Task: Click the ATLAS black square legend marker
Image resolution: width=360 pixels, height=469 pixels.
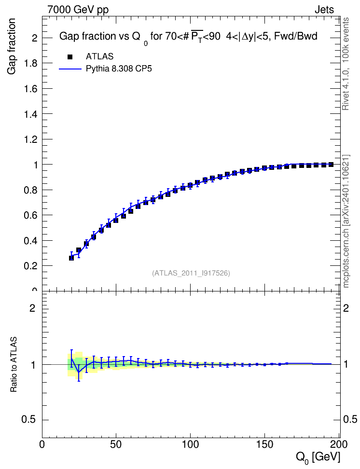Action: click(70, 57)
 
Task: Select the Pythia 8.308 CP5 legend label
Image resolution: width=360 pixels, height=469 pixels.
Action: click(119, 69)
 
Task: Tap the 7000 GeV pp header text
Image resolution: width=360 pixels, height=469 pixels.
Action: click(78, 10)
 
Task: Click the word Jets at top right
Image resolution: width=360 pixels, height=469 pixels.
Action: click(324, 10)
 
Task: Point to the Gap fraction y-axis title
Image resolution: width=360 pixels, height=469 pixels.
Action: click(12, 46)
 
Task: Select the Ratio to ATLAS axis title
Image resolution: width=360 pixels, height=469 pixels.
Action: click(14, 365)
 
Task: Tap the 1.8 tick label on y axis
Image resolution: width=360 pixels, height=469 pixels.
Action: click(30, 63)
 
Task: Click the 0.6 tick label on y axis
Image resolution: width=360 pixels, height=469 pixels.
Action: click(30, 215)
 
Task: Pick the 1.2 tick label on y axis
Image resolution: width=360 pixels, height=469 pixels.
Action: click(30, 139)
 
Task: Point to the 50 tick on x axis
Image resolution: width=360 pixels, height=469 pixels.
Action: click(116, 444)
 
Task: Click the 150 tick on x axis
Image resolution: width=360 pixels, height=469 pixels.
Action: click(264, 444)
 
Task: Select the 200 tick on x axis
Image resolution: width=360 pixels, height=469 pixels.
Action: click(339, 444)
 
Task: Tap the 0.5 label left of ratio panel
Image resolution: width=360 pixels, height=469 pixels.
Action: click(28, 420)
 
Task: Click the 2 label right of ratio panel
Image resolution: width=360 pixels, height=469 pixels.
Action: click(346, 308)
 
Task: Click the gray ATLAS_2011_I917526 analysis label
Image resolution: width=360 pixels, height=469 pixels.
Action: click(191, 273)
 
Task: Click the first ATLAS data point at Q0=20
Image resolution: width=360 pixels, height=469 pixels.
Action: click(71, 258)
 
